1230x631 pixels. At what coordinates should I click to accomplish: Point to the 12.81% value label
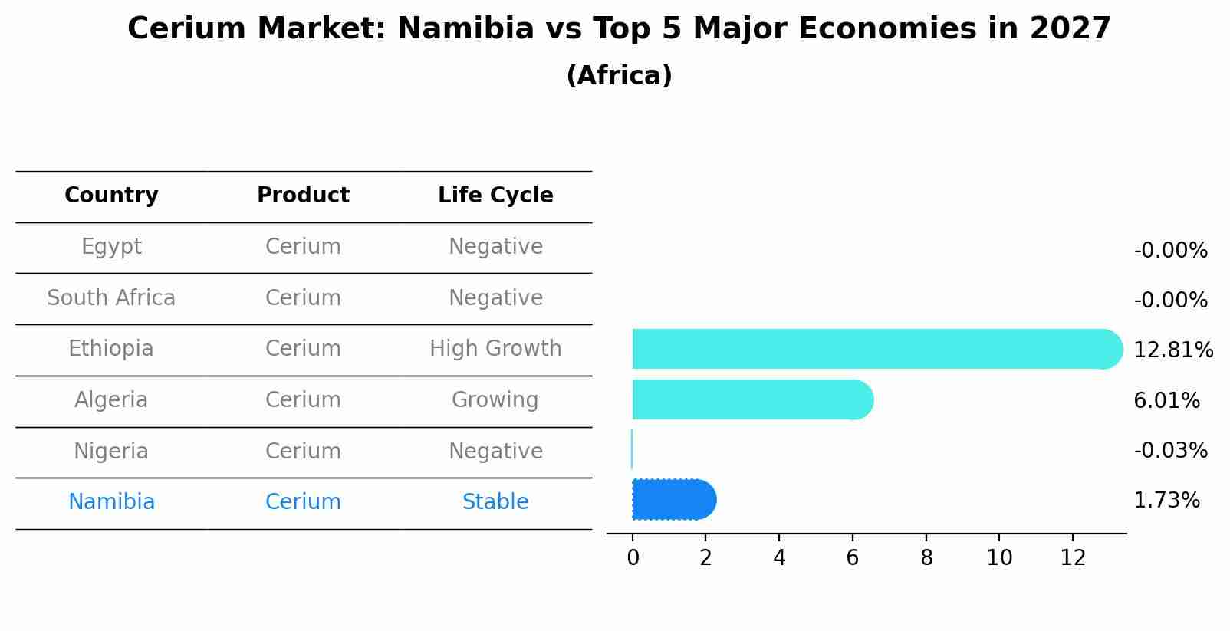pos(1172,350)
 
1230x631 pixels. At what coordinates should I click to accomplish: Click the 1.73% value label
pos(1166,501)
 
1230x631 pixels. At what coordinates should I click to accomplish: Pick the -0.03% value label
pos(1170,451)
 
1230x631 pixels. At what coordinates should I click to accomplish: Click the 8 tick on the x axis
pos(926,558)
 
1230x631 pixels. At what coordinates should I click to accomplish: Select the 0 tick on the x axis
pos(633,558)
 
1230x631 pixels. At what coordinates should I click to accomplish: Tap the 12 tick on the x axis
pos(1073,558)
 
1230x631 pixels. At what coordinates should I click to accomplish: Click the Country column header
pos(111,196)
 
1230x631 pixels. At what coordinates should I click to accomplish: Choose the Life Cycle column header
pos(495,196)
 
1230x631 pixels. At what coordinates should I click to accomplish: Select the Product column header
pos(303,196)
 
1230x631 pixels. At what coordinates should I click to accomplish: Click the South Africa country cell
pos(111,298)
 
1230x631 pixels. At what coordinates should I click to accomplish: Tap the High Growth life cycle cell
pos(495,349)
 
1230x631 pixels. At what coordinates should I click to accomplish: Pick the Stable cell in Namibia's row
pos(495,502)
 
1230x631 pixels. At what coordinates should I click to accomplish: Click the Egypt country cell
pos(111,247)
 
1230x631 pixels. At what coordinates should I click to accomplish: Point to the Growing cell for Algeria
pos(495,400)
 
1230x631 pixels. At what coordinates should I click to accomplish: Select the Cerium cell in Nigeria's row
pos(303,452)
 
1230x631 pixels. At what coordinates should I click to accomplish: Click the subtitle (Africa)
pos(619,76)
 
